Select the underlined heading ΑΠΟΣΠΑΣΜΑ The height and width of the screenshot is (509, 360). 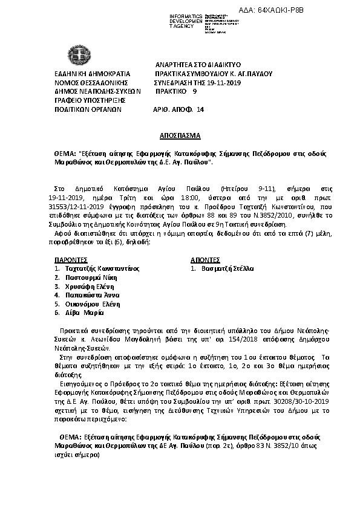[x=180, y=136]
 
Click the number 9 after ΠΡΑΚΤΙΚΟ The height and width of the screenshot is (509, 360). [x=194, y=91]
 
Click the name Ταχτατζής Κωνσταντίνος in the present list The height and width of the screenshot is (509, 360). [x=102, y=268]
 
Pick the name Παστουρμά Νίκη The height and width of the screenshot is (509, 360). [x=91, y=277]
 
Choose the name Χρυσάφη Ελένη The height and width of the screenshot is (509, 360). [x=90, y=286]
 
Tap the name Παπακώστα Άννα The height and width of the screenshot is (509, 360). [x=93, y=295]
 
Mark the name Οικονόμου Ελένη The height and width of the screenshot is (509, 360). [x=93, y=304]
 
